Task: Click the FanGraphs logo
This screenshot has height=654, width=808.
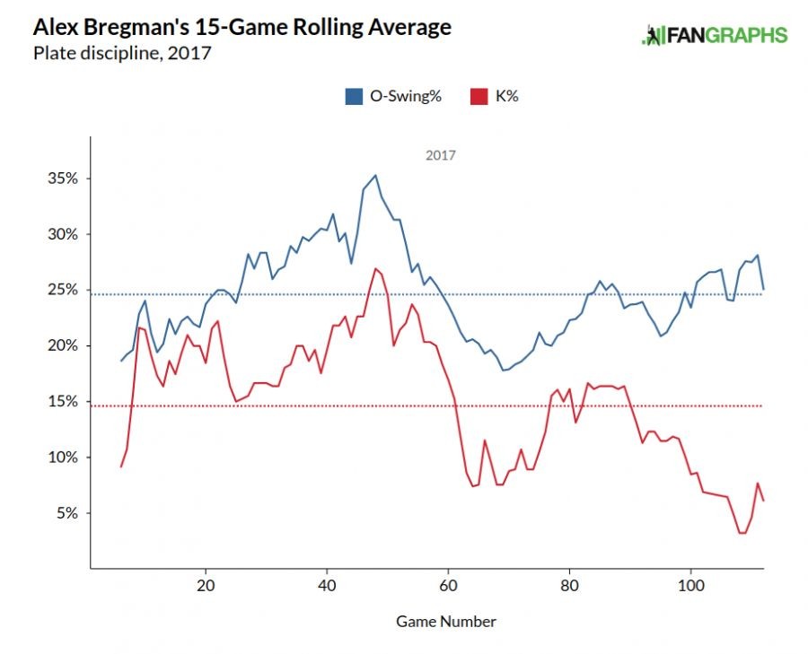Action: [x=715, y=35]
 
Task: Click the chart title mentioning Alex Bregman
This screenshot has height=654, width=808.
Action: [x=242, y=27]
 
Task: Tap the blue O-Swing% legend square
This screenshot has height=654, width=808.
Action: [x=354, y=96]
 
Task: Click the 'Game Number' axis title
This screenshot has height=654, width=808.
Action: [x=445, y=621]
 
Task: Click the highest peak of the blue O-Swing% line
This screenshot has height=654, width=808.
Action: [x=375, y=175]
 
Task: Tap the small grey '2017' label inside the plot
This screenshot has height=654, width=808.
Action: [x=440, y=155]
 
